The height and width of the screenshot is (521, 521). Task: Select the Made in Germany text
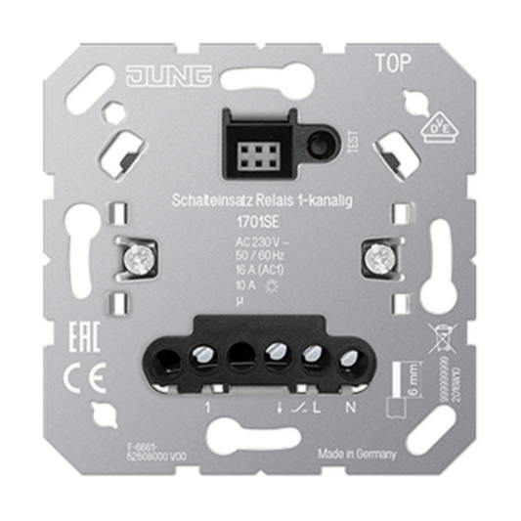357,453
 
